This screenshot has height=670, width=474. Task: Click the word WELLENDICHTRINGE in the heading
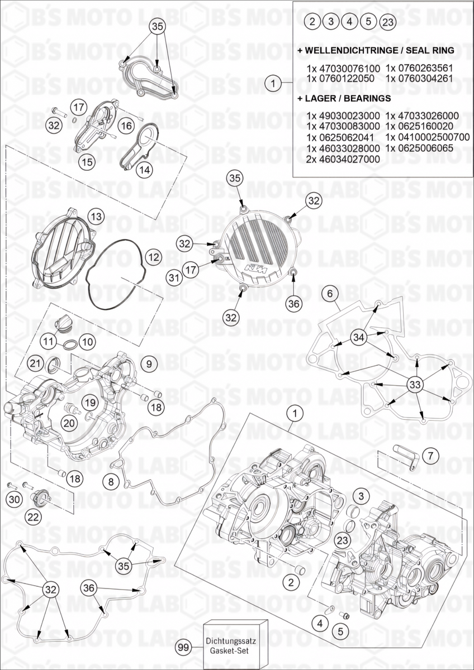point(345,50)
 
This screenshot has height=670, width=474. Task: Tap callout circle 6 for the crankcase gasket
point(330,293)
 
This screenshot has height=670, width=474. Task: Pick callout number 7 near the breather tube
point(430,456)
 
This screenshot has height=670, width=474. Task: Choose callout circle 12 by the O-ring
point(153,257)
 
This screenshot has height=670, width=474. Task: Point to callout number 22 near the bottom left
point(34,517)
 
